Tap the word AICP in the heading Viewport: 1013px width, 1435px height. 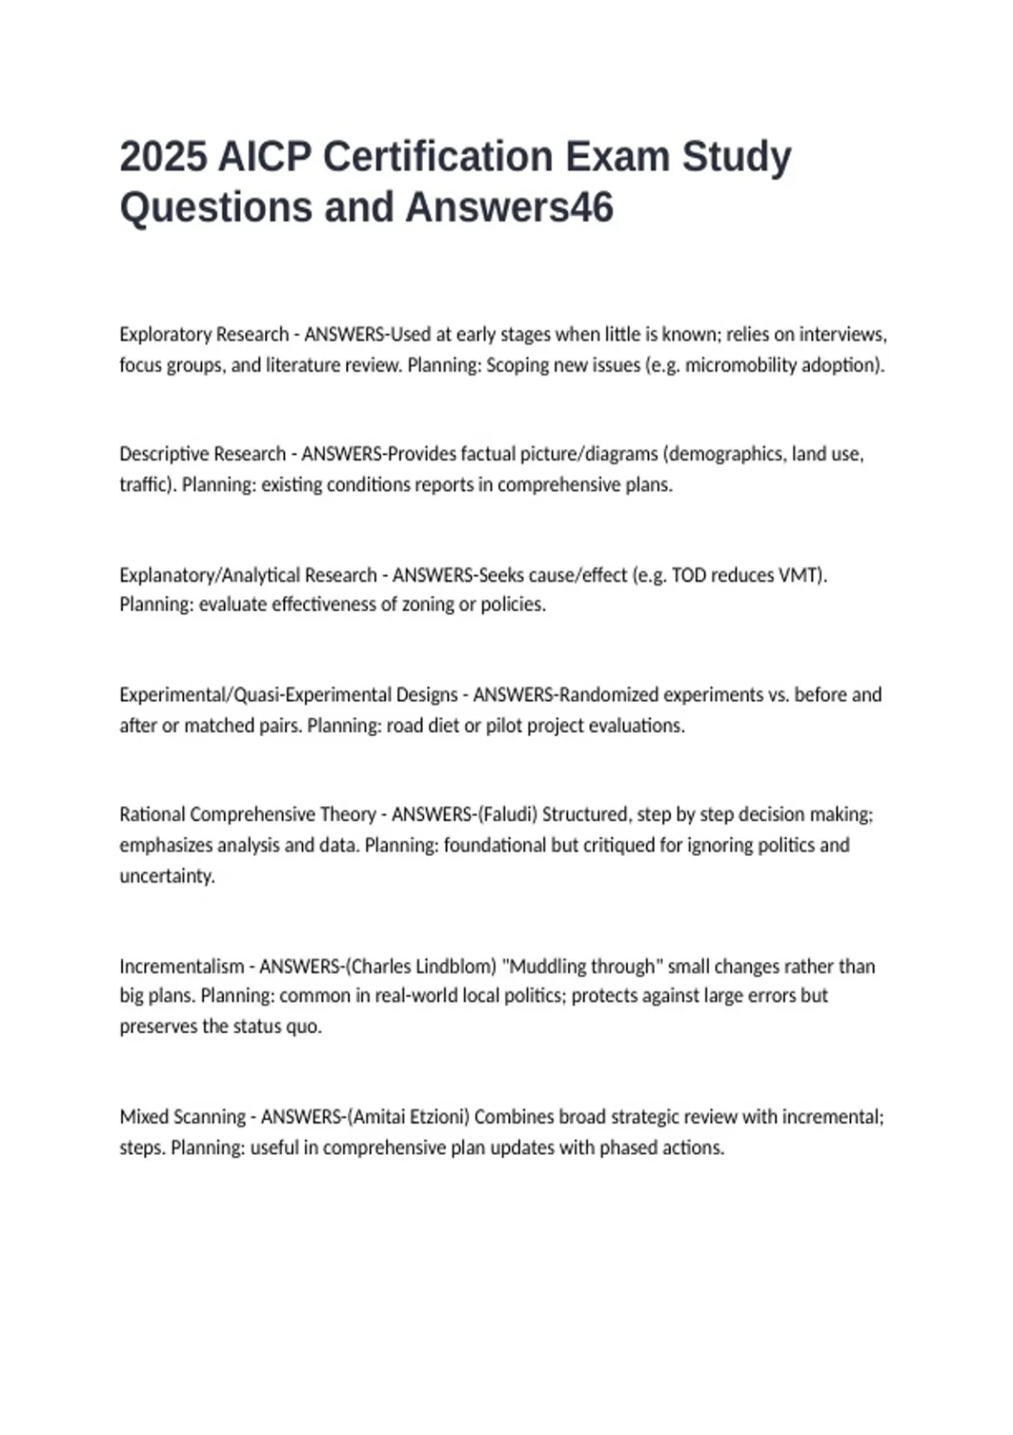(264, 157)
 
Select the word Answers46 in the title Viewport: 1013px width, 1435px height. (509, 208)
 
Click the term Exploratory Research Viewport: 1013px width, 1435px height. (203, 334)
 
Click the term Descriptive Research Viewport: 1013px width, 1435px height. (203, 454)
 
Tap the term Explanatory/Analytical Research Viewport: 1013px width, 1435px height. (248, 575)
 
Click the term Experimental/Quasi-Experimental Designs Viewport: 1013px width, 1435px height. (289, 695)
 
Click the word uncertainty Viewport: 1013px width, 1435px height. (166, 875)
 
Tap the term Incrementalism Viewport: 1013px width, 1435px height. (181, 966)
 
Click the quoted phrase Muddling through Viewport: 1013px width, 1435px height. (582, 966)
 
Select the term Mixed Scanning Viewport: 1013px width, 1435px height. (182, 1117)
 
